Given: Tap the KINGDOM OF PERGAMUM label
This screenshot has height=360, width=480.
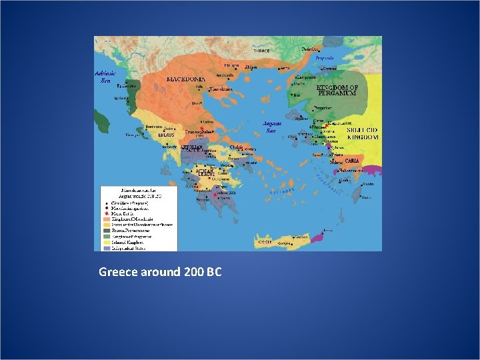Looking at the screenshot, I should [x=337, y=91].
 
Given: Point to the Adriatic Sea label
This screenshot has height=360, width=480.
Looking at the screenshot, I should [x=105, y=77].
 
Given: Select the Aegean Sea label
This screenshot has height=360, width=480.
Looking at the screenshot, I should [x=273, y=127].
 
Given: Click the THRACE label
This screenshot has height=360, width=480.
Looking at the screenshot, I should [x=261, y=51].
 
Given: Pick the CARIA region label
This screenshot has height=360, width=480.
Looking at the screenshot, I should [x=352, y=161].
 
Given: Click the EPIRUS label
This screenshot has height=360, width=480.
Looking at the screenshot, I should [x=166, y=135].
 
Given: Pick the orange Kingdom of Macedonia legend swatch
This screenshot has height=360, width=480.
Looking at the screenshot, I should [x=106, y=219].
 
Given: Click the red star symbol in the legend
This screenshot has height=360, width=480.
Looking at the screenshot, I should [x=106, y=213].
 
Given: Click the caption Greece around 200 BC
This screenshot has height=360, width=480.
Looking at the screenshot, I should [x=160, y=272].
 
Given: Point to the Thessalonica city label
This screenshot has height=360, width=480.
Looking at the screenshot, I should [x=222, y=89].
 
